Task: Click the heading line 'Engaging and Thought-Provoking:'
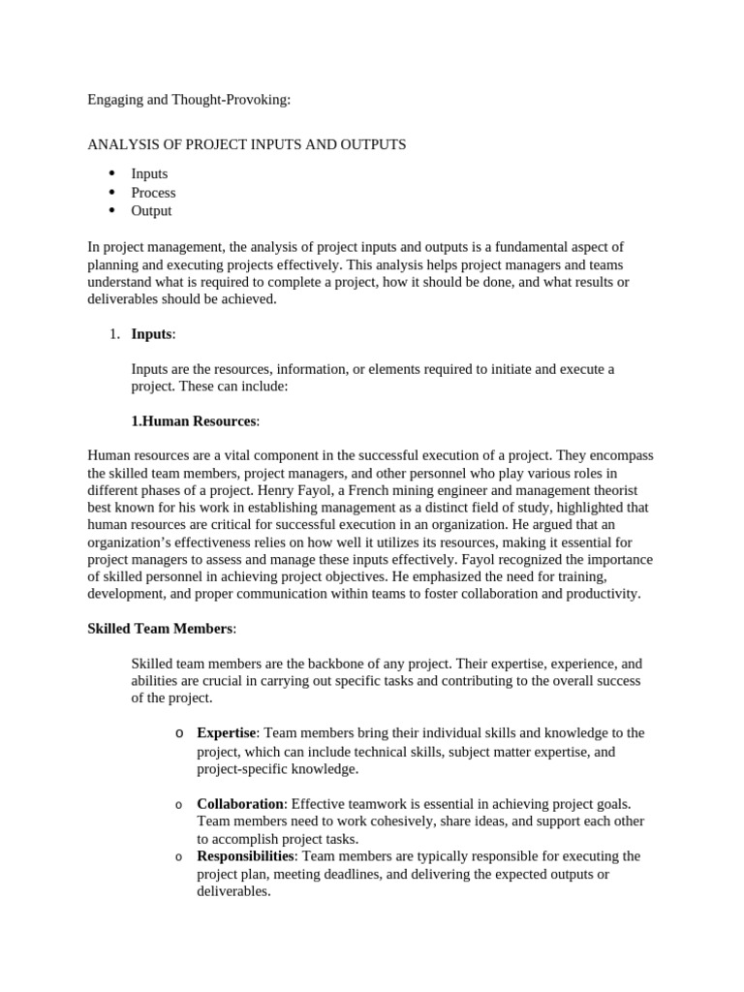coord(188,99)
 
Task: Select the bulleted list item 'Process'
coord(153,192)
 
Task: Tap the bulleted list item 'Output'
coord(151,210)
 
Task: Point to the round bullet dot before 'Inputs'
coord(111,173)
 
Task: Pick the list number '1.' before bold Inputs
coord(114,334)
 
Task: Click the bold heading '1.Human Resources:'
coord(195,421)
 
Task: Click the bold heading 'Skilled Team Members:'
coord(161,629)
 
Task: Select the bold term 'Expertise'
coord(227,732)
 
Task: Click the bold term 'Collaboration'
coord(240,804)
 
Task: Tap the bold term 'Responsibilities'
coord(245,856)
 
